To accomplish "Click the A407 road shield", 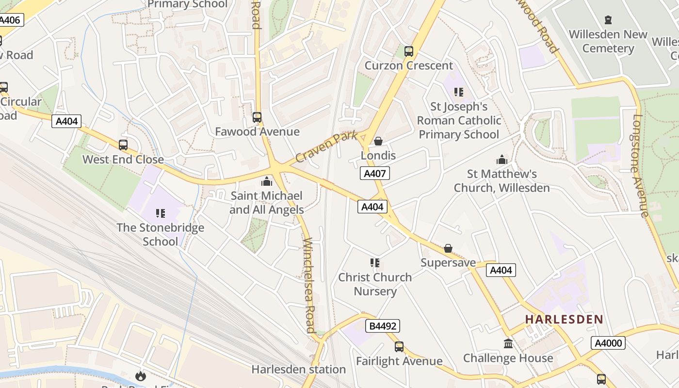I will (x=374, y=173).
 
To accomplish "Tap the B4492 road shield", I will (x=384, y=326).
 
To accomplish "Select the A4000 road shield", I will (x=608, y=343).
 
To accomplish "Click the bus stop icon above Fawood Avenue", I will (x=257, y=117).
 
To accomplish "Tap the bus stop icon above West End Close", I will (x=123, y=145).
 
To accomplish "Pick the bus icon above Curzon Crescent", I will (x=408, y=51).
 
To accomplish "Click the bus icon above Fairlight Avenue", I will (x=399, y=347).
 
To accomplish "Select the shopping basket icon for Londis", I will (x=378, y=141).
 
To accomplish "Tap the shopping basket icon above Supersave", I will (x=448, y=248).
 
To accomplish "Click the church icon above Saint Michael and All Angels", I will (x=266, y=182).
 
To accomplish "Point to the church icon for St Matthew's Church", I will (x=501, y=160).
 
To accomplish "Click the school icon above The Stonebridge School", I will (x=161, y=213).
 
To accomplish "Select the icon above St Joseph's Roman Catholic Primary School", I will (x=458, y=92).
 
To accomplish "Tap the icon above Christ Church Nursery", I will (x=374, y=263).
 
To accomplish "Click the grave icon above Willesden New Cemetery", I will (x=608, y=20).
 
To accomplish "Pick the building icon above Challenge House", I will (x=508, y=344).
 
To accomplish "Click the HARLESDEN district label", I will (x=564, y=320).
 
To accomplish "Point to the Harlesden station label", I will (x=298, y=370).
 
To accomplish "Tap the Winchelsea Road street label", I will (x=309, y=285).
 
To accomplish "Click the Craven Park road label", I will (x=326, y=147).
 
